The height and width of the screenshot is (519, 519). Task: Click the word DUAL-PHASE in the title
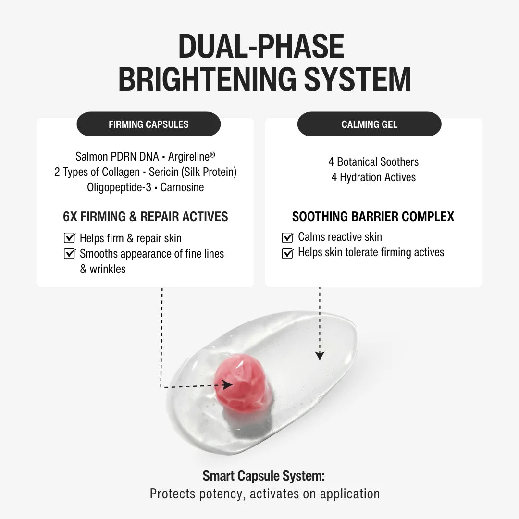point(261,47)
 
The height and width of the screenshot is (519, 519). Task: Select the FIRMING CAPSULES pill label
point(148,124)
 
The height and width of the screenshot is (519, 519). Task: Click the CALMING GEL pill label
point(369,124)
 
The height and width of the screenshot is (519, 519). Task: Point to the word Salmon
point(92,157)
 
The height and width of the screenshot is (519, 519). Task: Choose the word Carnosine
point(182,187)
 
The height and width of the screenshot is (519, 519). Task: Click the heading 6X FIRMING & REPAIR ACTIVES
point(146,216)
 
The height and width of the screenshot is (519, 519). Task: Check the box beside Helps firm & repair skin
point(70,238)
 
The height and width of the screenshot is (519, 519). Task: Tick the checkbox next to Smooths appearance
point(70,253)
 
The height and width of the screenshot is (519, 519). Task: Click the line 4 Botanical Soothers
point(373,162)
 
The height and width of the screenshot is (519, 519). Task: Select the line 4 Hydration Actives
point(373,177)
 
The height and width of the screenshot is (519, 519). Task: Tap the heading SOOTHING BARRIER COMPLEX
point(373,217)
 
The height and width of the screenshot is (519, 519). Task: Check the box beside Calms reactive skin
point(287,237)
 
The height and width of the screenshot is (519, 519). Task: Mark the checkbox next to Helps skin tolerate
point(287,253)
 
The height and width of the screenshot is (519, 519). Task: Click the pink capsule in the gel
point(240,383)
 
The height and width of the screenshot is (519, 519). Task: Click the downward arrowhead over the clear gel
point(320,356)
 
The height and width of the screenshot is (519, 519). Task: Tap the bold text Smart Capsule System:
point(264,476)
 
